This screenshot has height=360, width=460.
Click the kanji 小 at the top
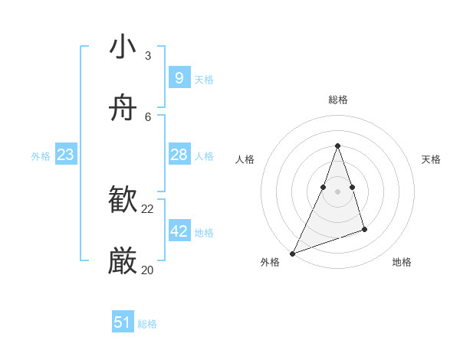pyautogui.click(x=123, y=47)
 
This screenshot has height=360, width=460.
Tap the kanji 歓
pyautogui.click(x=123, y=201)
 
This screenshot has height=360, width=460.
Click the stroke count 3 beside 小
pyautogui.click(x=148, y=56)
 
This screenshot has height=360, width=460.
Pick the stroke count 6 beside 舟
pyautogui.click(x=148, y=117)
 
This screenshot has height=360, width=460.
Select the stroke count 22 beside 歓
pyautogui.click(x=148, y=209)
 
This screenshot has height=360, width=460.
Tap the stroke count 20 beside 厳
pyautogui.click(x=148, y=270)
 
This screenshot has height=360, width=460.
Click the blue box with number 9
pyautogui.click(x=179, y=77)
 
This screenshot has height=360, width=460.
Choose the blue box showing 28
pyautogui.click(x=179, y=155)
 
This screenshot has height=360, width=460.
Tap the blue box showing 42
pyautogui.click(x=179, y=231)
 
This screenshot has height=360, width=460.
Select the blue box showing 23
pyautogui.click(x=66, y=155)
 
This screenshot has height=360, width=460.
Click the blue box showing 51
pyautogui.click(x=123, y=322)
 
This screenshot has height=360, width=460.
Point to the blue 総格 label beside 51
pyautogui.click(x=147, y=324)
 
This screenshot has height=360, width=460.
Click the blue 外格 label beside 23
pyautogui.click(x=41, y=156)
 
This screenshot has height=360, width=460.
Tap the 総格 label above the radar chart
pyautogui.click(x=338, y=100)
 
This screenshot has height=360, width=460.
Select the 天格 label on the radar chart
pyautogui.click(x=431, y=159)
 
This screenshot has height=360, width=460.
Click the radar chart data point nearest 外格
pyautogui.click(x=293, y=253)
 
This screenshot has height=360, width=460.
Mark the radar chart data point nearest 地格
pyautogui.click(x=364, y=229)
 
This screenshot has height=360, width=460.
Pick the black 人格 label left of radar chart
pyautogui.click(x=245, y=159)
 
